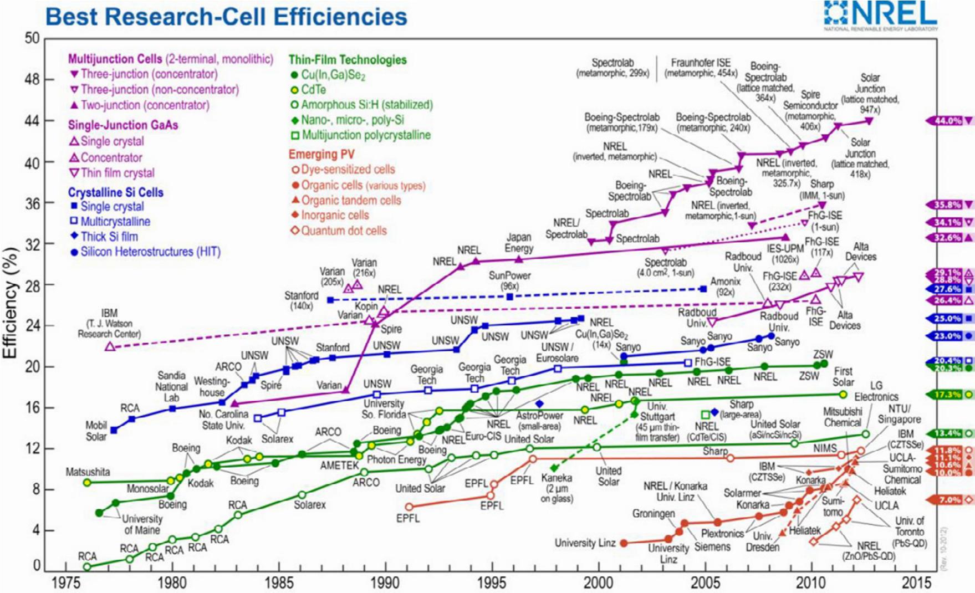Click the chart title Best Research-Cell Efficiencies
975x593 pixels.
click(226, 17)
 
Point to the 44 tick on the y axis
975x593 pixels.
click(32, 121)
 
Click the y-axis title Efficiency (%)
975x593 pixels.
click(12, 302)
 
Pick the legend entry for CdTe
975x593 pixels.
click(313, 90)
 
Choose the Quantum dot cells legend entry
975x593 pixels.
click(344, 231)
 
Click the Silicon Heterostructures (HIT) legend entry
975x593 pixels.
click(150, 252)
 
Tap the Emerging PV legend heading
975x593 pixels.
click(321, 154)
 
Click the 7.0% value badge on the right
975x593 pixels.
click(949, 500)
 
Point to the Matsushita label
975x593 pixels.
click(88, 472)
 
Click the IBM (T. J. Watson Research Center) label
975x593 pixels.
click(109, 324)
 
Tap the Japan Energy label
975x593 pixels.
click(519, 243)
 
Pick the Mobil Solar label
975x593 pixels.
click(96, 431)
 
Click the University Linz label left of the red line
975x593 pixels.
click(585, 543)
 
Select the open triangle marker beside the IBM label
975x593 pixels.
click(110, 346)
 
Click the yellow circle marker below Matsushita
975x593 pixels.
click(87, 483)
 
